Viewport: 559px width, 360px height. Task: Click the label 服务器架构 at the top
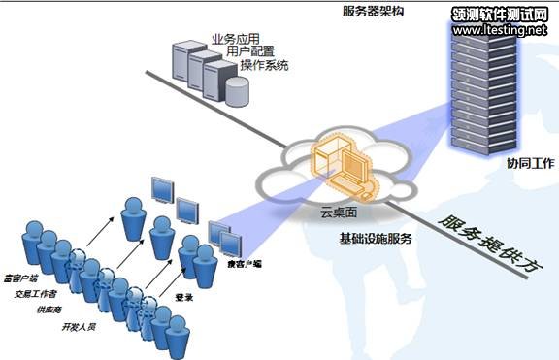[x=375, y=11]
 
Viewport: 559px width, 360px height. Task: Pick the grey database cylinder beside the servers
[x=237, y=90]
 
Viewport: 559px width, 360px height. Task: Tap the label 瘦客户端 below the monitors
[x=244, y=263]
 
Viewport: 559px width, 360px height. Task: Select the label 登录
[x=182, y=298]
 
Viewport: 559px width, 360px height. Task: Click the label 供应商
[x=49, y=311]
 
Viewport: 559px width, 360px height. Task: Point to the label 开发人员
[x=79, y=328]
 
